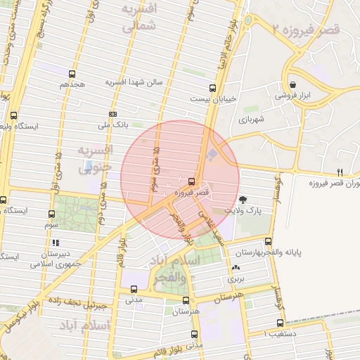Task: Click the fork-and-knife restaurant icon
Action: tap(340, 172)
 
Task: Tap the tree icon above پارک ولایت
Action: tap(243, 200)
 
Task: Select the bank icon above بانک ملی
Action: tap(112, 114)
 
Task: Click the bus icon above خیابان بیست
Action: tap(212, 88)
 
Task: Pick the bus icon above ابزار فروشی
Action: tap(293, 82)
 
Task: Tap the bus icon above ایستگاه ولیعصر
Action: tap(14, 115)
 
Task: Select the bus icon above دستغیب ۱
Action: tap(280, 323)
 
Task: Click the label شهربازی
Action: tap(252, 120)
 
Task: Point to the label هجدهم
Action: tap(72, 84)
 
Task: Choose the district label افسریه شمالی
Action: tap(139, 19)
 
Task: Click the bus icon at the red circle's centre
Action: tap(192, 182)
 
